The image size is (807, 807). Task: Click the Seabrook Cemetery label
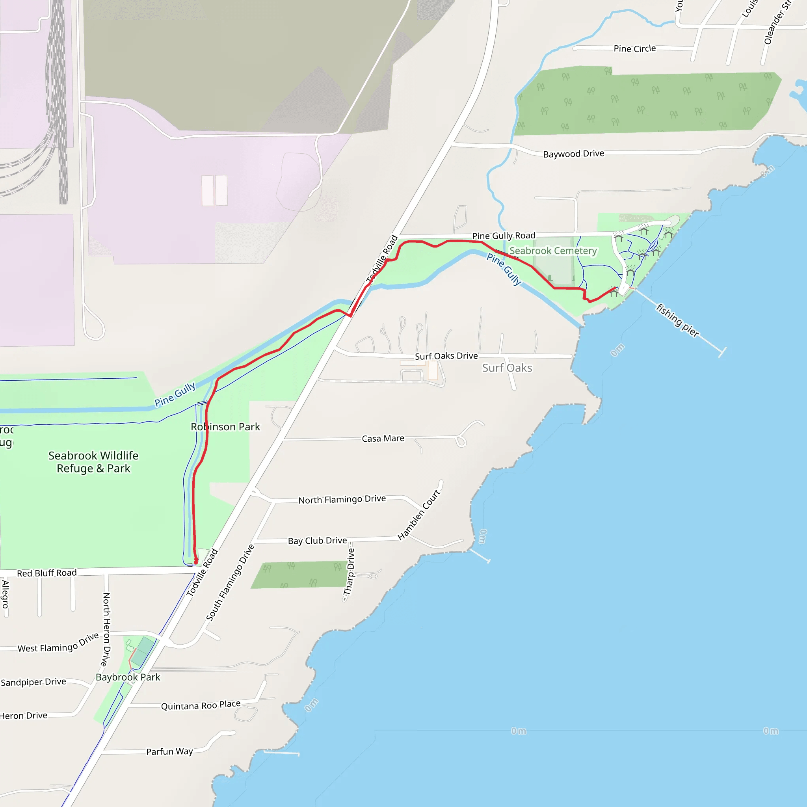coord(553,251)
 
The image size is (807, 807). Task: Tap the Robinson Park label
coord(225,427)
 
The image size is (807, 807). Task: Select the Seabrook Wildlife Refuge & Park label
coord(93,462)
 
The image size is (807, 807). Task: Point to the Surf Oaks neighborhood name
coord(507,368)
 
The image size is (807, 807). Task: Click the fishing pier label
coord(677,320)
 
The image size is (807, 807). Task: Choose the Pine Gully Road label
coord(503,236)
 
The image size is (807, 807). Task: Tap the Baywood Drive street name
coord(573,154)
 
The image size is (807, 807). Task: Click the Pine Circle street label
coord(634,48)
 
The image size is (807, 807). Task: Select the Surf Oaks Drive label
coord(446,356)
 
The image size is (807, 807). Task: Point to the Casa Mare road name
coord(383,439)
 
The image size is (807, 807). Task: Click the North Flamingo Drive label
coord(342,500)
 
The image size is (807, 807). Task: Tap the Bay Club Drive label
coord(318,541)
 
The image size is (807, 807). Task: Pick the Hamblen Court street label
coord(419,515)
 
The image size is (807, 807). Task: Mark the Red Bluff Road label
coord(47,573)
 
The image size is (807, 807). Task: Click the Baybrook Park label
coord(128,677)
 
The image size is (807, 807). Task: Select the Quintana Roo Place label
coord(201,705)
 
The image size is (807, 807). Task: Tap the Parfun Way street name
coord(169,752)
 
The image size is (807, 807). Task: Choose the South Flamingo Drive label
coord(230,583)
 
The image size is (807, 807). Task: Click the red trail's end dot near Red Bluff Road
coord(196,562)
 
